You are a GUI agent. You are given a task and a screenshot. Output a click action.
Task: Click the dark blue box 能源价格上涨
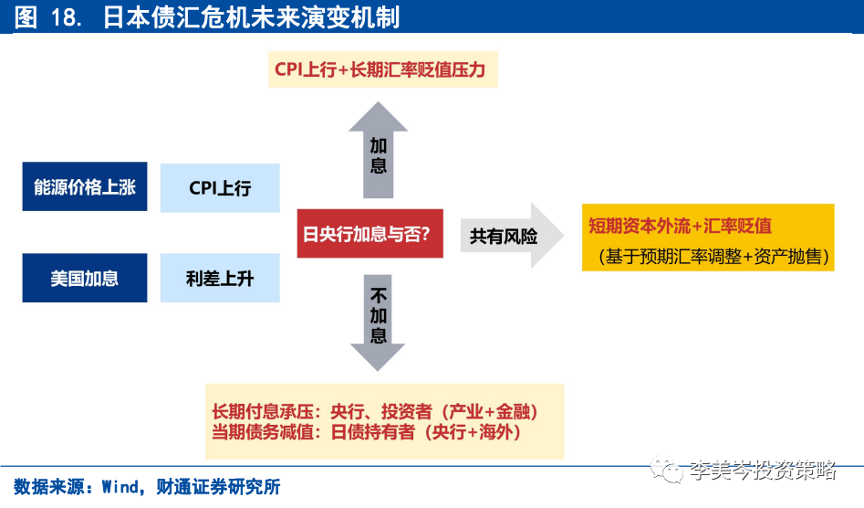[x=84, y=187]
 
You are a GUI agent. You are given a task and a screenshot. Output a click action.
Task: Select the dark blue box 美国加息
[x=84, y=279]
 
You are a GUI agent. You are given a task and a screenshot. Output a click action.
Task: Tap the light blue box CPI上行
[x=220, y=187]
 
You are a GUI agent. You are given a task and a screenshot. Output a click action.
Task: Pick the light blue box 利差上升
[x=220, y=279]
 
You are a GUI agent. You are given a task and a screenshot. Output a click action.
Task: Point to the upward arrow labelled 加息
[x=378, y=151]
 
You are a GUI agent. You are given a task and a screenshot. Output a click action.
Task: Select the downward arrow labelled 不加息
[x=378, y=320]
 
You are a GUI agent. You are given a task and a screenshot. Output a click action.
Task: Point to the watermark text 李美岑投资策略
[x=763, y=471]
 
